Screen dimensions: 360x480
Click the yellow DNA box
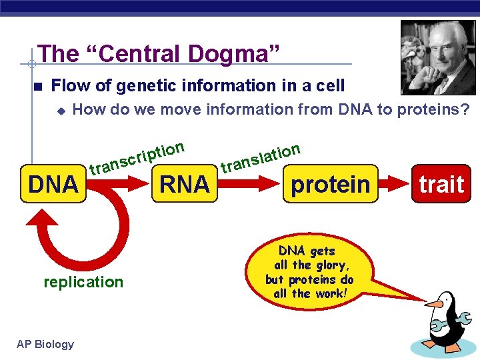[53, 183]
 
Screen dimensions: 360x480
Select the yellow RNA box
[185, 183]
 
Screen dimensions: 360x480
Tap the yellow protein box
[330, 183]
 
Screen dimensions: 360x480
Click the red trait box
[441, 183]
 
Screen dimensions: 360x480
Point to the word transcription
[137, 157]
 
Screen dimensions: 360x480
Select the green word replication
[83, 282]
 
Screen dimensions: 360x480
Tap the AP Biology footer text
[45, 344]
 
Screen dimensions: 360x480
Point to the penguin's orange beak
[433, 305]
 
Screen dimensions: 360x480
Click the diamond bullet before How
[59, 110]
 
